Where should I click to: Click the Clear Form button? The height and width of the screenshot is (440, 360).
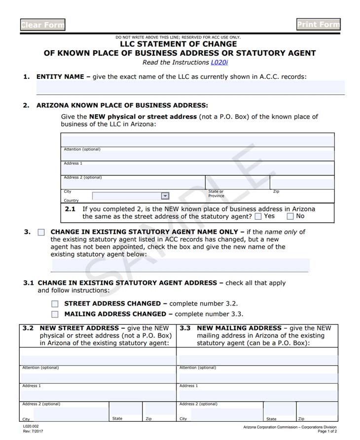pyautogui.click(x=42, y=25)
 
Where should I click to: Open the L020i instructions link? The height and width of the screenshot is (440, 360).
pyautogui.click(x=219, y=63)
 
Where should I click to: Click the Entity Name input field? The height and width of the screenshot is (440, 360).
pyautogui.click(x=190, y=87)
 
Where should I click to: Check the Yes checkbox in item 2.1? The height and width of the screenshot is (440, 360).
pyautogui.click(x=258, y=216)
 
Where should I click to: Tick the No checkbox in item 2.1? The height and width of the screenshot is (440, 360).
pyautogui.click(x=290, y=216)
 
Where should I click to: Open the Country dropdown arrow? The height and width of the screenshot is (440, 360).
pyautogui.click(x=165, y=196)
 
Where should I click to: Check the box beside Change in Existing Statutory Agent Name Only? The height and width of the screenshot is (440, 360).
pyautogui.click(x=41, y=232)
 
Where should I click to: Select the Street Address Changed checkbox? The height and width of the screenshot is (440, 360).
pyautogui.click(x=55, y=304)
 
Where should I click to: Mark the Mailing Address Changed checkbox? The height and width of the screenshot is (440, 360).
pyautogui.click(x=55, y=314)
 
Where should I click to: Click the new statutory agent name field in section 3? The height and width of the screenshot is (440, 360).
pyautogui.click(x=180, y=265)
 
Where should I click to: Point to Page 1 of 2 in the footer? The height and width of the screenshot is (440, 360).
pyautogui.click(x=327, y=432)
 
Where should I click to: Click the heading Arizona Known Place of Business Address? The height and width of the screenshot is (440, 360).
pyautogui.click(x=122, y=105)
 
